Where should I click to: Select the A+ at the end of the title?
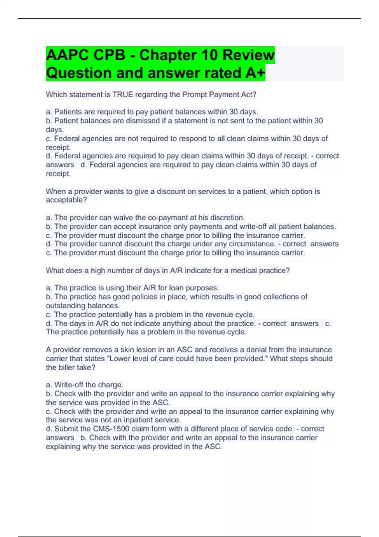pos(255,73)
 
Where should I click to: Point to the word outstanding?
pos(65,306)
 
